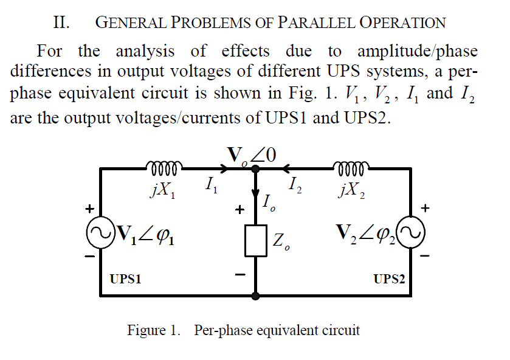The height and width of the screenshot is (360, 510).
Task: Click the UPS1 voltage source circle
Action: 100,233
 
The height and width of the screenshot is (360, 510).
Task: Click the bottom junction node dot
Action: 255,296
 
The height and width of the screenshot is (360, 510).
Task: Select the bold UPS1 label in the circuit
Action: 125,280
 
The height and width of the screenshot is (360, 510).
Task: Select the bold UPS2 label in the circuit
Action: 389,280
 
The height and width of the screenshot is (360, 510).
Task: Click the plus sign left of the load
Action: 240,210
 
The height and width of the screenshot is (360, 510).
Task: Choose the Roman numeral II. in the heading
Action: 61,23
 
